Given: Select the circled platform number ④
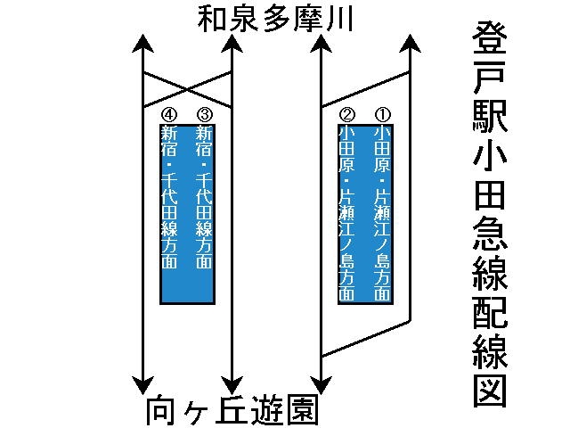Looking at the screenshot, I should pos(169,114).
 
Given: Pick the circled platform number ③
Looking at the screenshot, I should pos(204,114).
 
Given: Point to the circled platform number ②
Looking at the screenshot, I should pos(348,114).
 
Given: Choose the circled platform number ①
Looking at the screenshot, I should pos(383,114).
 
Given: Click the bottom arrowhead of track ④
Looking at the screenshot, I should pos(142,387).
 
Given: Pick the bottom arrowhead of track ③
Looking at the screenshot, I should pos(231,387).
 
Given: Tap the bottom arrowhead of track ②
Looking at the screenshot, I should pos(321,387).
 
